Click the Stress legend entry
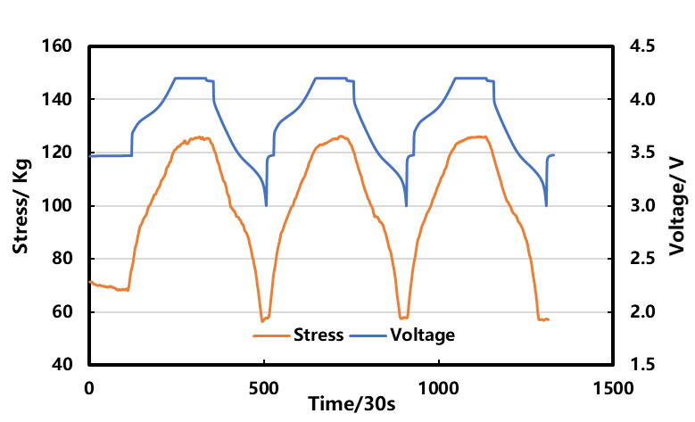coord(319,335)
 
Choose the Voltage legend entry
coord(422,335)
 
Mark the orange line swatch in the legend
coord(271,336)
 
